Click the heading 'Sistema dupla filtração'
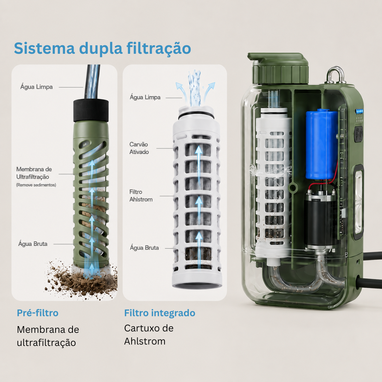click(102, 48)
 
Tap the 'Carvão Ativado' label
click(139, 148)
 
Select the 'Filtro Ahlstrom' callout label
click(141, 196)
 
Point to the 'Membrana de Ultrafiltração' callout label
click(34, 173)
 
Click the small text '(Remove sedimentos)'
click(36, 185)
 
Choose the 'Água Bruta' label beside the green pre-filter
click(33, 244)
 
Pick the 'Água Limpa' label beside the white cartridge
click(145, 97)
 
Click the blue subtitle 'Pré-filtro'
click(37, 313)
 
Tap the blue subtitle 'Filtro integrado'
click(160, 313)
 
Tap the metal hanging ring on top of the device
click(336, 74)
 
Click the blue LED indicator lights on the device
click(359, 111)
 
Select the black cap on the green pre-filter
click(91, 110)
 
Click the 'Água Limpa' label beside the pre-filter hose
click(36, 87)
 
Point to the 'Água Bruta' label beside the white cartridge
click(144, 248)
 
